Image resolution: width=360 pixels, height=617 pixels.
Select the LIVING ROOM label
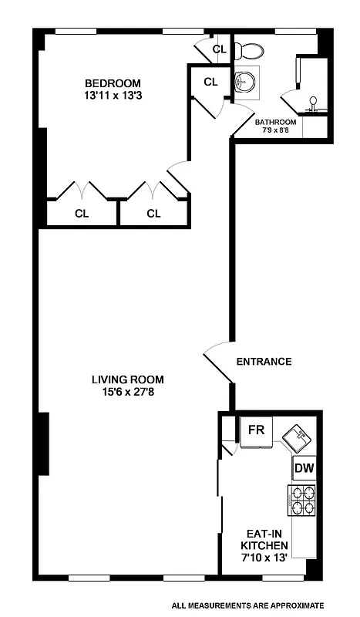(x=128, y=379)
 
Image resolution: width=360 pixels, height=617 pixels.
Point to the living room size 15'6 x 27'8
(x=128, y=392)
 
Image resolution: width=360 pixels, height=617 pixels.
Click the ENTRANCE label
(x=264, y=361)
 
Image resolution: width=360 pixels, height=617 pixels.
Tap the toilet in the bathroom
(x=248, y=52)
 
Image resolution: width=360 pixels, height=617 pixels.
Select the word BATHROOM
(x=275, y=122)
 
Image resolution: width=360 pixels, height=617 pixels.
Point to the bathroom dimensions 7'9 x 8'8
(x=275, y=131)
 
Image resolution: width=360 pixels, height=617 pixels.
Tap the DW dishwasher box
(x=303, y=468)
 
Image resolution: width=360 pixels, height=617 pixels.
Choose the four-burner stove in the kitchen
(x=301, y=500)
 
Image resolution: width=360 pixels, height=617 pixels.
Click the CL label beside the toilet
(x=219, y=50)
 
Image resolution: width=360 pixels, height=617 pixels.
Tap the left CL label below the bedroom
(x=82, y=214)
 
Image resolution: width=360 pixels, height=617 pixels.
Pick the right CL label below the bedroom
(x=153, y=214)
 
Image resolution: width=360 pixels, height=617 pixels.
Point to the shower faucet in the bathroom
(x=313, y=101)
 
